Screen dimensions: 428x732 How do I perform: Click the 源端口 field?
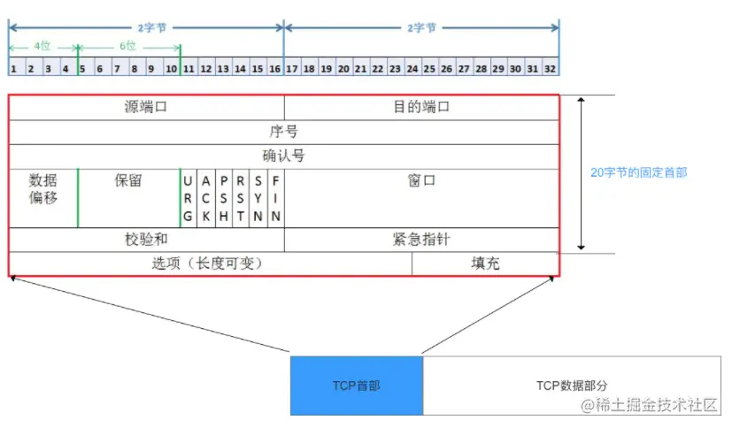pyautogui.click(x=146, y=107)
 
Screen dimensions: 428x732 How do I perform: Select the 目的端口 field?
pyautogui.click(x=421, y=107)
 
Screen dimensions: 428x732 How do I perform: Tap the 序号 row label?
pyautogui.click(x=283, y=132)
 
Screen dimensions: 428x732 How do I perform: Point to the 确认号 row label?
pyautogui.click(x=283, y=157)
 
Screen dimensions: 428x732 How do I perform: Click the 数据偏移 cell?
pyautogui.click(x=43, y=188)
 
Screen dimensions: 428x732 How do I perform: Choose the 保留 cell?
pyautogui.click(x=128, y=180)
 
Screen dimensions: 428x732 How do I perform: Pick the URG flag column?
pyautogui.click(x=189, y=197)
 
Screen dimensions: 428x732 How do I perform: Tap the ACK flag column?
pyautogui.click(x=205, y=197)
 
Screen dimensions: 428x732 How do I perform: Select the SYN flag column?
pyautogui.click(x=258, y=197)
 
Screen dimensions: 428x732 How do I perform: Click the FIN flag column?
pyautogui.click(x=275, y=197)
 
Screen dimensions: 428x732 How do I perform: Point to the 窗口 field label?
pyautogui.click(x=421, y=180)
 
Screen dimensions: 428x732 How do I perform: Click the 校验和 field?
pyautogui.click(x=146, y=240)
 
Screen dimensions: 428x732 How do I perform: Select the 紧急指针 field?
pyautogui.click(x=421, y=240)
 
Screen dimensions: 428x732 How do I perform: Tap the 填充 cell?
pyautogui.click(x=485, y=264)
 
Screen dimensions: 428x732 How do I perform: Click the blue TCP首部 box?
pyautogui.click(x=356, y=386)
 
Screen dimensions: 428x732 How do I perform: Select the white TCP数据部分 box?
pyautogui.click(x=572, y=386)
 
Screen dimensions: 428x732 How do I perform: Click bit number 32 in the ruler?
pyautogui.click(x=551, y=68)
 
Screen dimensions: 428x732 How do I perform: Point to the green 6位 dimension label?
pyautogui.click(x=129, y=45)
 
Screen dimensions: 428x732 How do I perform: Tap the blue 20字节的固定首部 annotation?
pyautogui.click(x=638, y=172)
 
